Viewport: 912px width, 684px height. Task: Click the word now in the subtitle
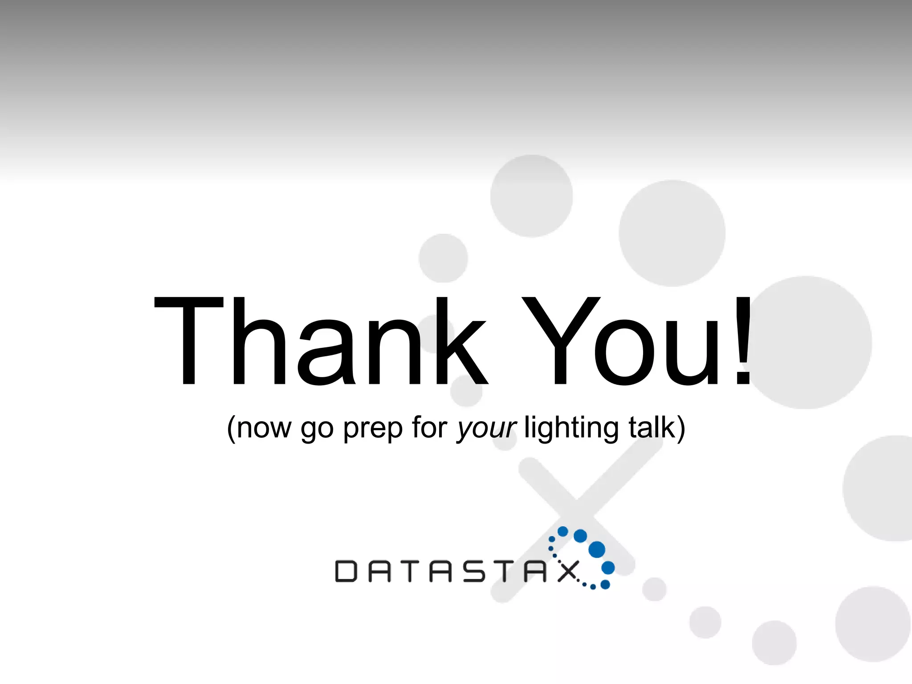click(264, 428)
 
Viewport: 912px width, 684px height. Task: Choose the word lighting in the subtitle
click(571, 428)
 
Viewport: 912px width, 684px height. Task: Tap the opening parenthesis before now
click(232, 428)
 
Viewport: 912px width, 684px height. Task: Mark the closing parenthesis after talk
click(681, 428)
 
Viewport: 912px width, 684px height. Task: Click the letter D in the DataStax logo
click(346, 571)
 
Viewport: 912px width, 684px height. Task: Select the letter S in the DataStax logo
click(474, 571)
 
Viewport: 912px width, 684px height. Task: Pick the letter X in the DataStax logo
click(568, 571)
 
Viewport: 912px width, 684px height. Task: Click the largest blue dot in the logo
click(597, 550)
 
